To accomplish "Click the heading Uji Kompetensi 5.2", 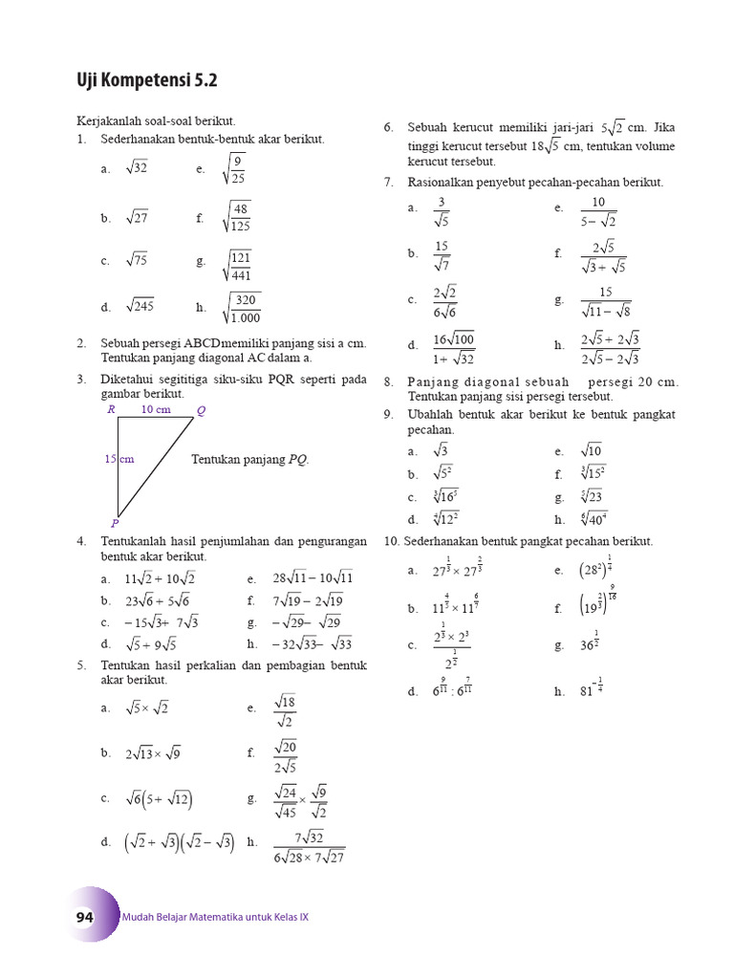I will [x=146, y=81].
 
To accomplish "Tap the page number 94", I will [x=85, y=917].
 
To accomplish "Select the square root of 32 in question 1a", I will [x=136, y=168].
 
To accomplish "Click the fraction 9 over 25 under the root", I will [x=235, y=169].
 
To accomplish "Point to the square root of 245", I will [x=140, y=307].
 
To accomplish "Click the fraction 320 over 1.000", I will [x=243, y=308].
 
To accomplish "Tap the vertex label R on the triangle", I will [x=111, y=409].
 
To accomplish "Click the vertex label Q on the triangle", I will [x=201, y=411].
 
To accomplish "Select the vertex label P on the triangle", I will [x=114, y=523].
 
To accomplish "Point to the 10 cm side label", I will [x=156, y=409].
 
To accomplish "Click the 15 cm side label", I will [x=119, y=459].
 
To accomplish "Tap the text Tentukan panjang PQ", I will [x=250, y=459].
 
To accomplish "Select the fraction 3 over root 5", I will [x=441, y=210].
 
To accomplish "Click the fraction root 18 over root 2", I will [x=285, y=708].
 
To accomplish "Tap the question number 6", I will [x=388, y=127].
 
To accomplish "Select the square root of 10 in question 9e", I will [x=592, y=450].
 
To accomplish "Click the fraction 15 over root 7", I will [x=442, y=254].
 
